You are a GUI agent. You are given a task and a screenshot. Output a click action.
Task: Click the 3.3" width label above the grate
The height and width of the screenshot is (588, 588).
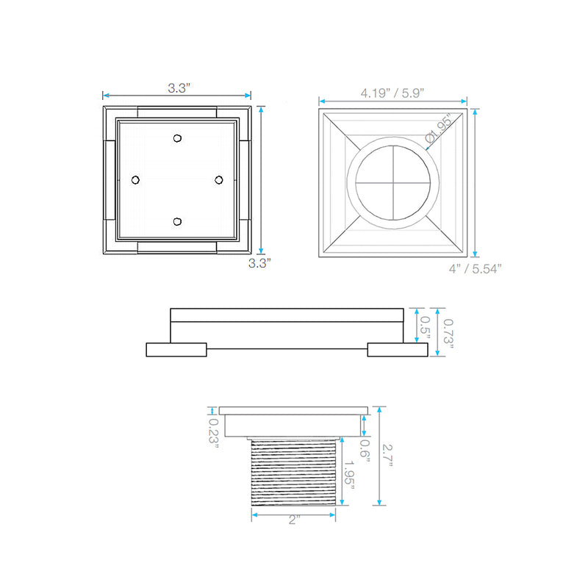(x=178, y=87)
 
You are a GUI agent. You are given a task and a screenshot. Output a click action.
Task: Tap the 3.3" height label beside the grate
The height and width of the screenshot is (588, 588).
(x=259, y=262)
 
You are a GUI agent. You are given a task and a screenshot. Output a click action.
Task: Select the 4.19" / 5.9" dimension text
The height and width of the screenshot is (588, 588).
(x=392, y=93)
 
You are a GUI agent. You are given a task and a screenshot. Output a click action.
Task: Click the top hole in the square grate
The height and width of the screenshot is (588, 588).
(x=177, y=138)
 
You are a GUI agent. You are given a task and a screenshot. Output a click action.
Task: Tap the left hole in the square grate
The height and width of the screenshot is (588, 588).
(x=135, y=179)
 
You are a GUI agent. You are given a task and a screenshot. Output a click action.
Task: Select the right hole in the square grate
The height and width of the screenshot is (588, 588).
(x=218, y=179)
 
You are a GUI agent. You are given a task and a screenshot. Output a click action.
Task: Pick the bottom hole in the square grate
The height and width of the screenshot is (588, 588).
(x=177, y=220)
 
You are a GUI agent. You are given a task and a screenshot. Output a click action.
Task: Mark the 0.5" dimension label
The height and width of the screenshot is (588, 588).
(x=425, y=326)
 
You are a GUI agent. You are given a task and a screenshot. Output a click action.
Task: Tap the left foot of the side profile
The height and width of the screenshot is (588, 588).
(x=177, y=350)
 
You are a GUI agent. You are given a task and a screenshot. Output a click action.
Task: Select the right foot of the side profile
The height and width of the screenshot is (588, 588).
(x=398, y=350)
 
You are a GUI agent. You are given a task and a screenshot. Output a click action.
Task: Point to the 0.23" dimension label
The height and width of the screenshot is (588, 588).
(x=214, y=435)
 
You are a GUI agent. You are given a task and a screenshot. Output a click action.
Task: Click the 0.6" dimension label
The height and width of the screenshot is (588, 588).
(x=364, y=448)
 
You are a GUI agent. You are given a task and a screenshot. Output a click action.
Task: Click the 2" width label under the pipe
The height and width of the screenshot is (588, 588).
(x=295, y=520)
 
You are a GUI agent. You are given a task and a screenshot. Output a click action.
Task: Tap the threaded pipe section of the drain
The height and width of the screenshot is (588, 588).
(x=294, y=470)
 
